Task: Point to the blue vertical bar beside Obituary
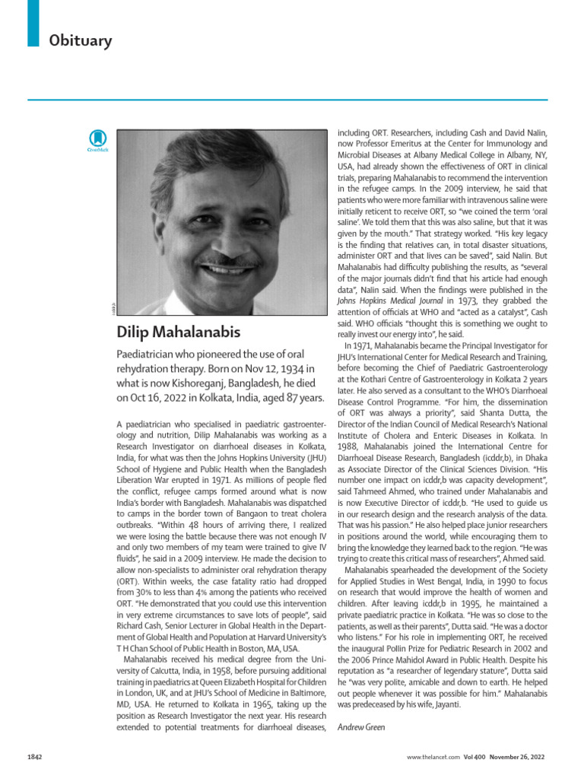pos(33,22)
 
